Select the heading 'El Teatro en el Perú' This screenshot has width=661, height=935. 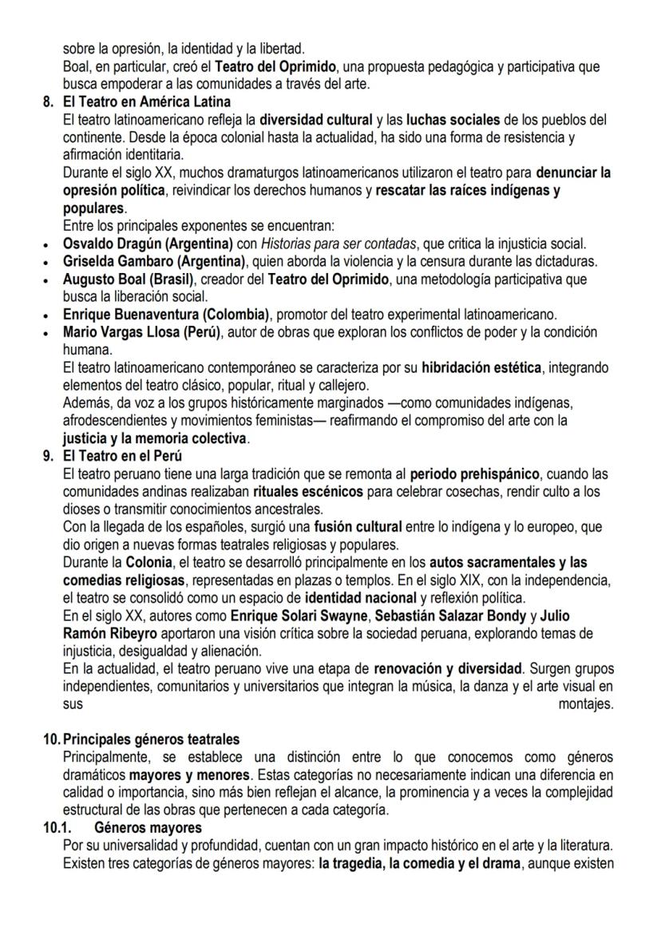click(121, 458)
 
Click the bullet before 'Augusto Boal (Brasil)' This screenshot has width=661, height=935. click(49, 279)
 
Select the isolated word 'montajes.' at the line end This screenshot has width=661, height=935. click(586, 703)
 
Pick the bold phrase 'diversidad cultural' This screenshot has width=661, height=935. click(319, 119)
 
